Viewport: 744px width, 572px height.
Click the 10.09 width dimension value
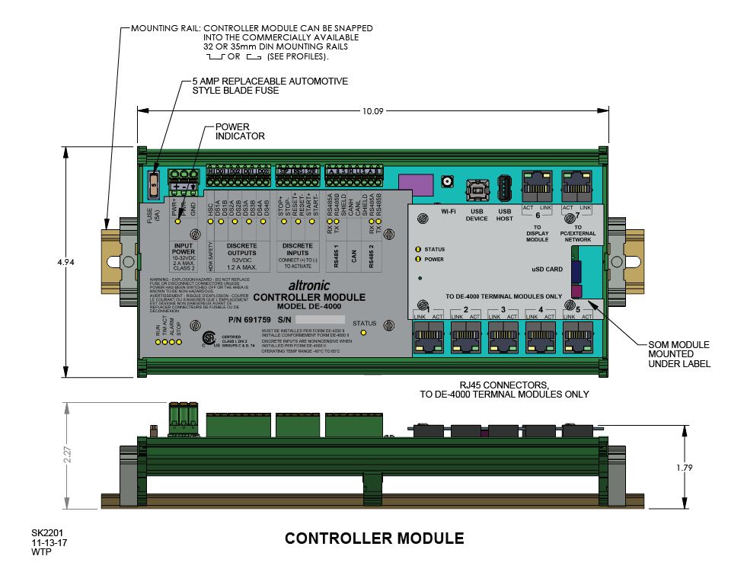[x=372, y=111]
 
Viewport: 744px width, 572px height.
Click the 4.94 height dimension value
[x=67, y=262]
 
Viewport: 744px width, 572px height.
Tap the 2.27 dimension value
[x=68, y=455]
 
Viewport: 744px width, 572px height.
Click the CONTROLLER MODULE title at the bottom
[x=374, y=538]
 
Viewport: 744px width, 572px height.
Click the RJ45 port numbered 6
[x=537, y=183]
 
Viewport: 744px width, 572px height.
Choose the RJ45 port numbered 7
[x=577, y=183]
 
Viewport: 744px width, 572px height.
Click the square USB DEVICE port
[x=477, y=187]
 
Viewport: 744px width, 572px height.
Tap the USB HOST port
[x=504, y=187]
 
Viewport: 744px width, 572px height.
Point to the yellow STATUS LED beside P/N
[x=363, y=333]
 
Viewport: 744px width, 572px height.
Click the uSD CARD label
[x=548, y=269]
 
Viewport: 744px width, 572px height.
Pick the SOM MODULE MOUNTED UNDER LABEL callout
[x=679, y=354]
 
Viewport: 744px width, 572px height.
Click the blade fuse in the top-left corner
[x=153, y=184]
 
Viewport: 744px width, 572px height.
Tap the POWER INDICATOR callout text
[x=240, y=131]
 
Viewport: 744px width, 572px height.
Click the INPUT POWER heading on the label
[x=184, y=250]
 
